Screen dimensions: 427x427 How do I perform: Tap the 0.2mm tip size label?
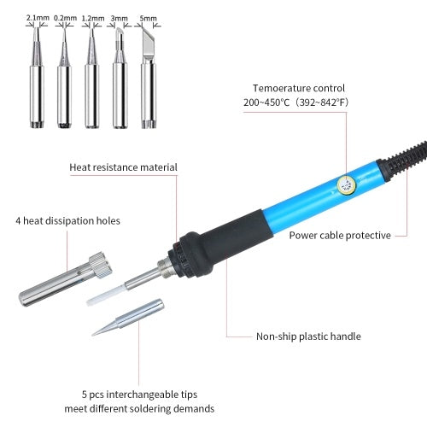click(x=64, y=16)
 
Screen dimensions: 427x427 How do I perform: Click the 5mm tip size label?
click(x=149, y=16)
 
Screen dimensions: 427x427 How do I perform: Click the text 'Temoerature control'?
click(x=298, y=88)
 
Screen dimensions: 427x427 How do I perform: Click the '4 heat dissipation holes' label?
click(x=67, y=220)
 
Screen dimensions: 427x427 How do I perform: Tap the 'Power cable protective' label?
click(x=340, y=235)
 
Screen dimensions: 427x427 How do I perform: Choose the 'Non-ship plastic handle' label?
click(x=308, y=336)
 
